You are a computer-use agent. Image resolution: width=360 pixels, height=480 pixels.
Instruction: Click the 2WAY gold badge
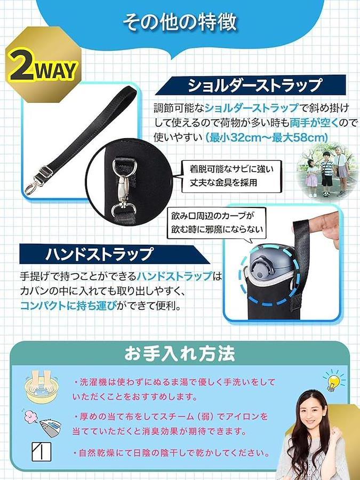(x=43, y=65)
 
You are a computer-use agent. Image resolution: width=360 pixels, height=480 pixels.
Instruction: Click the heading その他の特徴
(x=180, y=23)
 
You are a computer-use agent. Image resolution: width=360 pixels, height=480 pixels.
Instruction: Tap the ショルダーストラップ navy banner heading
(x=251, y=85)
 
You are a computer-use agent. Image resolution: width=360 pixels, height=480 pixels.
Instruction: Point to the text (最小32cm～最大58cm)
(x=267, y=138)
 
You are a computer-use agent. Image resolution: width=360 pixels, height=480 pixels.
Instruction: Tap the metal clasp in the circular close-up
(x=124, y=187)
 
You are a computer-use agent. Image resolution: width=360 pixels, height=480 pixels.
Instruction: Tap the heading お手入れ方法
(x=180, y=354)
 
